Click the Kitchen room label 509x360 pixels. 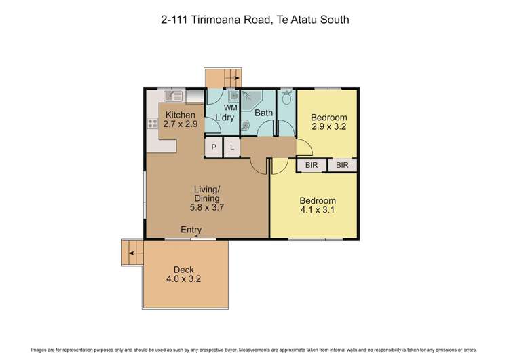coord(181,115)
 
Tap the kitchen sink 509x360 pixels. coord(170,96)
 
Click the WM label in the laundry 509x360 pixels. coord(230,107)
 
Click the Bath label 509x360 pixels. coord(263,113)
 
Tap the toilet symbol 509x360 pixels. coord(287,99)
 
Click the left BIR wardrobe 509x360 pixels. coord(312,165)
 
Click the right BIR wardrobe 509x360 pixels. coord(342,165)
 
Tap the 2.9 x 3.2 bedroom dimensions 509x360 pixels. coord(329,126)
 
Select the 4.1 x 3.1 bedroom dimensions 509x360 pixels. coord(318,210)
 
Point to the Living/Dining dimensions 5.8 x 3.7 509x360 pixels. coord(208,207)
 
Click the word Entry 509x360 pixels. coord(191,230)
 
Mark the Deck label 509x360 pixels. coord(184,270)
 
